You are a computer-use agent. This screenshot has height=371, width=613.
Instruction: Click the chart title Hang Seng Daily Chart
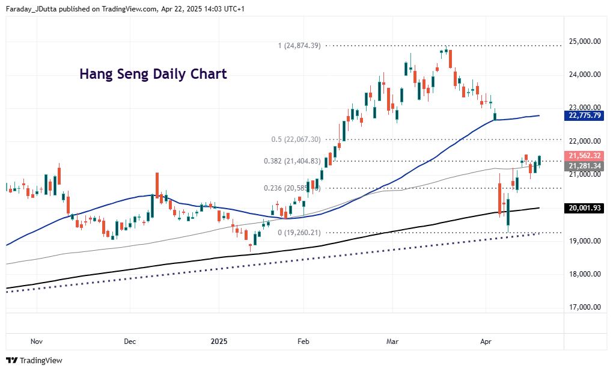153,74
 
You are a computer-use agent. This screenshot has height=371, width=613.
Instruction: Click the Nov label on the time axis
37,342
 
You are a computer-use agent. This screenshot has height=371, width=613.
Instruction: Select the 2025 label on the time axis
219,342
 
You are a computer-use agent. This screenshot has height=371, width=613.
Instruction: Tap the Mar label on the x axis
392,342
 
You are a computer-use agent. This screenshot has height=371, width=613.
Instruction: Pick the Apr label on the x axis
486,342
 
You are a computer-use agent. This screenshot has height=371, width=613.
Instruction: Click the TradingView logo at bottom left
34,360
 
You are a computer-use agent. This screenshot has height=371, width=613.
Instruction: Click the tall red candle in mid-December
157,185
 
